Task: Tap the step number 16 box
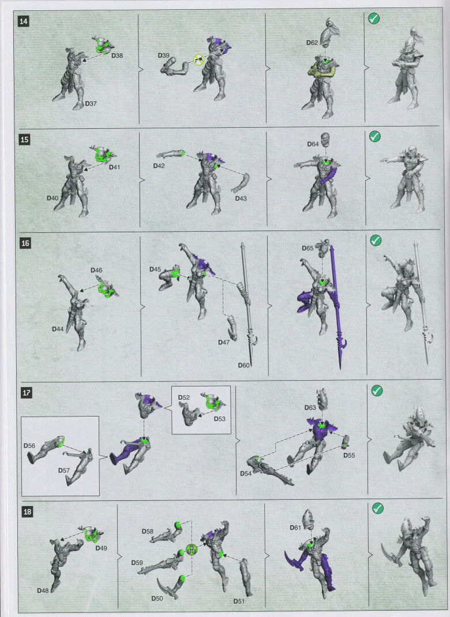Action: [25, 243]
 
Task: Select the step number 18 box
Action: [27, 511]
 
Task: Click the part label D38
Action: [117, 55]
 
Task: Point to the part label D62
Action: [312, 43]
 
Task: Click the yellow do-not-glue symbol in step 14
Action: [199, 60]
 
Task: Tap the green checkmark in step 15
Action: [374, 136]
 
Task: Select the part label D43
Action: [241, 198]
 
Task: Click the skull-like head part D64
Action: [325, 139]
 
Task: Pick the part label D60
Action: [243, 365]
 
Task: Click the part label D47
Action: [224, 343]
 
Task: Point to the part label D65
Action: [307, 248]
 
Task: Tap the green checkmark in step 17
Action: [377, 391]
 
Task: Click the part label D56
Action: [29, 445]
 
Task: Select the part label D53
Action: [219, 419]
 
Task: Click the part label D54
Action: [246, 473]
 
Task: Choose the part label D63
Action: [310, 407]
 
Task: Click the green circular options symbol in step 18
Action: [191, 549]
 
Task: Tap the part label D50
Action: [157, 598]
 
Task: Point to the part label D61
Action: [295, 527]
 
